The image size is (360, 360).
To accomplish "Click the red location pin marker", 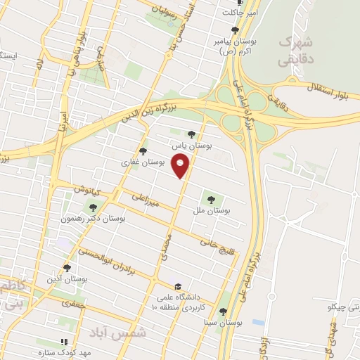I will (182, 166).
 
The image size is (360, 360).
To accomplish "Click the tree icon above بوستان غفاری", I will (143, 150).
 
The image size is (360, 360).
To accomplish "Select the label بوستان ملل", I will (215, 210).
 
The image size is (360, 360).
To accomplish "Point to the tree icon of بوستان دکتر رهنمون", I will (93, 207).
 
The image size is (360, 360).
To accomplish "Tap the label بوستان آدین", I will (66, 279).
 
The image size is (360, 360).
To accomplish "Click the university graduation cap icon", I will (179, 287).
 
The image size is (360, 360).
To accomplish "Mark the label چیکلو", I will (344, 308).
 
